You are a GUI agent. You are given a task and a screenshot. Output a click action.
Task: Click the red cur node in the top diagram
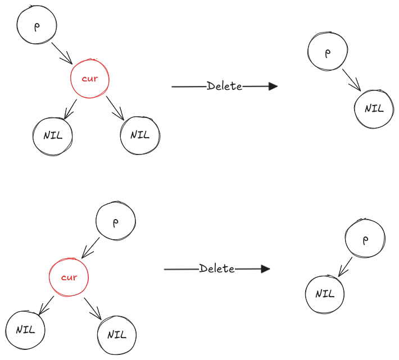point(89,78)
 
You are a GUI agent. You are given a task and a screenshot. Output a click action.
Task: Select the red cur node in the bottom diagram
point(69,277)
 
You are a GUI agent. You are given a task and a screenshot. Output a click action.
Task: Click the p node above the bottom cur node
point(116,222)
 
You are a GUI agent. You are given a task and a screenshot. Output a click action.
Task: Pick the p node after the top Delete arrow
point(327,52)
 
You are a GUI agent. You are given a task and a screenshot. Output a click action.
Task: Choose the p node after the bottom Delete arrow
point(365,239)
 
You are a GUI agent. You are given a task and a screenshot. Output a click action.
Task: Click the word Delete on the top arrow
point(224,86)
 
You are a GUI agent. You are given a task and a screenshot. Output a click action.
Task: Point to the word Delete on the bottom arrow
point(217,269)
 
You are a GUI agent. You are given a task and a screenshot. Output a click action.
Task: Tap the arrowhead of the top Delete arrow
point(274,86)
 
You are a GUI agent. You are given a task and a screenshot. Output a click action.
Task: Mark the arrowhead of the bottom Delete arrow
point(266,269)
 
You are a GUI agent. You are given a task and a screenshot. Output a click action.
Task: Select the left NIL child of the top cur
point(52,135)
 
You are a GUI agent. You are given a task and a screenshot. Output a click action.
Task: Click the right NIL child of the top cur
point(140,135)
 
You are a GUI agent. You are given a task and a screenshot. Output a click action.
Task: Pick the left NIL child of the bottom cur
point(25,330)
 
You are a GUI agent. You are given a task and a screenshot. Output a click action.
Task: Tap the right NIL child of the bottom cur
point(116,335)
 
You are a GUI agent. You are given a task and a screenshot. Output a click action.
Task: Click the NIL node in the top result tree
point(374,108)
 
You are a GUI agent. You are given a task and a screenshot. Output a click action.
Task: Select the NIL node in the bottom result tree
point(325,294)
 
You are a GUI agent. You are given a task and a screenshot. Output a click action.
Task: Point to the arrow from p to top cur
point(62,53)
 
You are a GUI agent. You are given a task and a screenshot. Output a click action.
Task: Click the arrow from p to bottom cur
point(91,247)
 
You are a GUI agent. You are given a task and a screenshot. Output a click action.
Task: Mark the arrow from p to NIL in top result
point(352,80)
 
